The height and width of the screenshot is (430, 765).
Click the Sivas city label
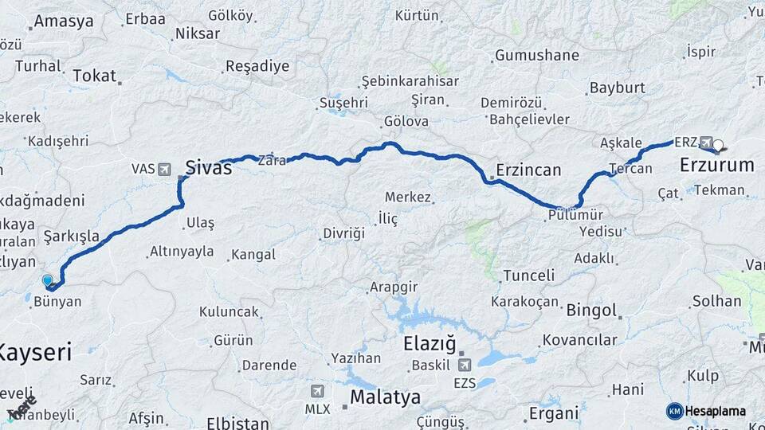tap(208, 167)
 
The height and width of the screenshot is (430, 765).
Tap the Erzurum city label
tap(716, 166)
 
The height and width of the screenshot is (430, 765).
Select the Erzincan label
tap(528, 170)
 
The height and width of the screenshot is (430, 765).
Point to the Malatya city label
tap(386, 397)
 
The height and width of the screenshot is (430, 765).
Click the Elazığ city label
tap(430, 344)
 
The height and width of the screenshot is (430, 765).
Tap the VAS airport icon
tap(164, 169)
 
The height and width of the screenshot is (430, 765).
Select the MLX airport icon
tap(317, 391)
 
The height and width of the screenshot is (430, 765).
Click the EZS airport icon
tap(464, 365)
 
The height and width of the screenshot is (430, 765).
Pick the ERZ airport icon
tap(706, 142)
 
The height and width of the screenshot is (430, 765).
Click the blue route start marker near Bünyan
tap(47, 280)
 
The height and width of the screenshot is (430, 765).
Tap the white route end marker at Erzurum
tap(719, 146)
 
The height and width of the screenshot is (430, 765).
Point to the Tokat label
tap(94, 76)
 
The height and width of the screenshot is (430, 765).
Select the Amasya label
tap(64, 21)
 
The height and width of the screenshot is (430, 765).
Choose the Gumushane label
tap(537, 56)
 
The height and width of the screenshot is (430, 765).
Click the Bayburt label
tap(617, 88)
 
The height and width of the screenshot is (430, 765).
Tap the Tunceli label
tap(529, 276)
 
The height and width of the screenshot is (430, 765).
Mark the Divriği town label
tap(343, 233)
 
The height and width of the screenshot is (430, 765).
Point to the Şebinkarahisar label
tap(410, 81)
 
